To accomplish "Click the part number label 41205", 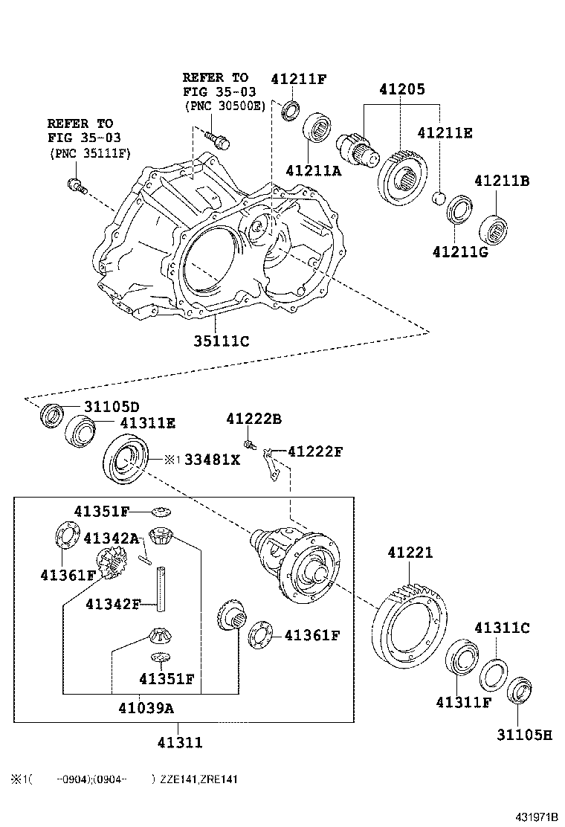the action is click(x=401, y=89).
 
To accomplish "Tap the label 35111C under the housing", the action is click(x=222, y=341).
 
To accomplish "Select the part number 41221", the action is click(x=410, y=553).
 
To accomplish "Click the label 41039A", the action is click(x=146, y=708).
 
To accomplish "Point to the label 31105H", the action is click(x=524, y=735).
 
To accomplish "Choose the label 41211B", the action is click(x=502, y=181).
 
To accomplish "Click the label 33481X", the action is click(x=212, y=460).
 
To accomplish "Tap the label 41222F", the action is click(x=315, y=451).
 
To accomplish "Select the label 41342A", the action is click(x=112, y=538).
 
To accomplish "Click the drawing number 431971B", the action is click(x=536, y=817).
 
